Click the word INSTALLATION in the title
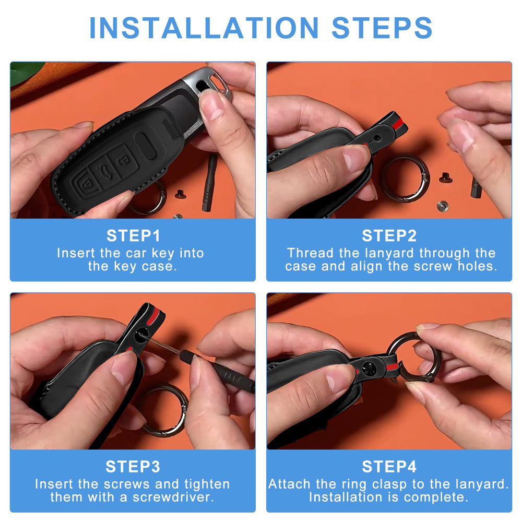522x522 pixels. click(204, 28)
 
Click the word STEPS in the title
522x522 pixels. click(382, 28)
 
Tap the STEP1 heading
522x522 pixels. click(133, 236)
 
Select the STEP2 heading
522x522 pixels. click(389, 236)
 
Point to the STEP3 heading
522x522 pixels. click(133, 467)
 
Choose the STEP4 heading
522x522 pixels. click(389, 467)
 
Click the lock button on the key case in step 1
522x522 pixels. click(86, 184)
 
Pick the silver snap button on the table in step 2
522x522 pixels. click(443, 206)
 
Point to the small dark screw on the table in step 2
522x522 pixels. click(445, 178)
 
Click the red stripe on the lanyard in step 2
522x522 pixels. click(398, 124)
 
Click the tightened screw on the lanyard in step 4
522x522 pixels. click(369, 369)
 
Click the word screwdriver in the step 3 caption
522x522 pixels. click(173, 497)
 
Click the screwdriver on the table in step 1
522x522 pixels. click(209, 182)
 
